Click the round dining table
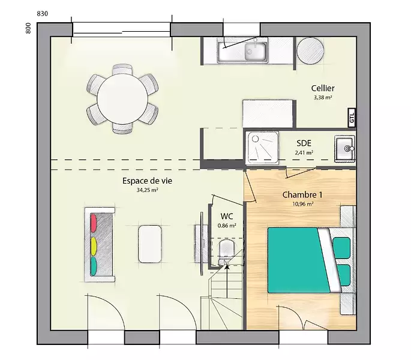122,99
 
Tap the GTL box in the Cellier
352,118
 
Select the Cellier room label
323,88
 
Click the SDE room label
304,143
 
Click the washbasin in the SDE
345,149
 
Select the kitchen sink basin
256,52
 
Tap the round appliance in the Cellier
310,50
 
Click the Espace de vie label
148,181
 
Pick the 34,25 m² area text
148,190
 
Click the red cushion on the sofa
94,223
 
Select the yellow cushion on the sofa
94,247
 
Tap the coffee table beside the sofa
149,244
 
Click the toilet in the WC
227,250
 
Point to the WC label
227,217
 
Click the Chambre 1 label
302,195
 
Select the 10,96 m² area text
303,204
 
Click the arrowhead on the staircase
227,266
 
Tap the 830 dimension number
43,14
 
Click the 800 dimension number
28,28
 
